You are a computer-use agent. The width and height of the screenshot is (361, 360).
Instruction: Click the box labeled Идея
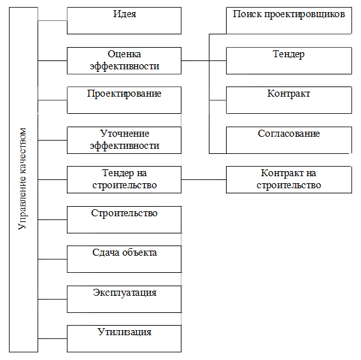pos(124,21)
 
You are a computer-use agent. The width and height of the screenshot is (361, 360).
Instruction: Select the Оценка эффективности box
pos(124,60)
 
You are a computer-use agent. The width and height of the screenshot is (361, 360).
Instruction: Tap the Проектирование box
pos(124,100)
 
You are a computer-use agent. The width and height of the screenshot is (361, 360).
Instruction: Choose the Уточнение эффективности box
pos(124,140)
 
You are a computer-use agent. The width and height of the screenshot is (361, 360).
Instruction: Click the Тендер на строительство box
pos(124,179)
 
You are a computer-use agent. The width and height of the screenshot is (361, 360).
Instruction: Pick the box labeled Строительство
pos(124,219)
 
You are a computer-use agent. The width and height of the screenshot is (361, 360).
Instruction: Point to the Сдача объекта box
pos(124,260)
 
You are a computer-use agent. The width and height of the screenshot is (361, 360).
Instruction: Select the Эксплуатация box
pos(124,300)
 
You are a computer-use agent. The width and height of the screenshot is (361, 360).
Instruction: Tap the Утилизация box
pos(124,338)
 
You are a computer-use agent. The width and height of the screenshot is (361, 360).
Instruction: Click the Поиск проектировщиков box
pos(289,21)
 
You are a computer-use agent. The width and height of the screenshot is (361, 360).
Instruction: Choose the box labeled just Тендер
pos(289,60)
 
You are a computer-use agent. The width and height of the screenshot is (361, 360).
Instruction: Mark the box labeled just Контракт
pos(289,100)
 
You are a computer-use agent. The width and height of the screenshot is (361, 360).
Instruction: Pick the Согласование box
pos(289,140)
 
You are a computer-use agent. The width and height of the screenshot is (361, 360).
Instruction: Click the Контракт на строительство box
pos(289,179)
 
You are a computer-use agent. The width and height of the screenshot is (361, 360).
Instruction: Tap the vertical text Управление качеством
pos(22,179)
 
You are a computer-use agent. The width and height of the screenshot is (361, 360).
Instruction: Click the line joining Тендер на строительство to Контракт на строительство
pos(204,179)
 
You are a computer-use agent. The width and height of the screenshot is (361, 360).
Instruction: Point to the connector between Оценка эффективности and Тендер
pos(204,60)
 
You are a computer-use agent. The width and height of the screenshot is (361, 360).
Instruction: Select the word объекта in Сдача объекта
pos(139,253)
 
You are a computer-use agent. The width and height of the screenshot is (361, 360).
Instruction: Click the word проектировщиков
pos(304,14)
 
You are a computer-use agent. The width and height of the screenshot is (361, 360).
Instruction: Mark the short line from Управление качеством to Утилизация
pos(52,338)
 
